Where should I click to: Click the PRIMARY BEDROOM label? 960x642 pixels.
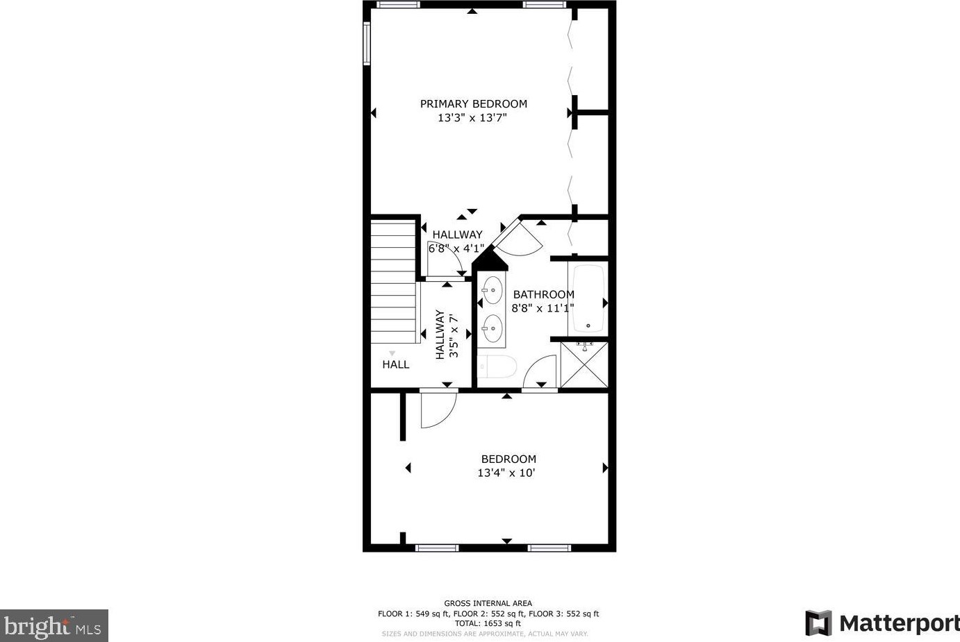(x=473, y=104)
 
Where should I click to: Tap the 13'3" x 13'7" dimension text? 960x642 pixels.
(x=472, y=118)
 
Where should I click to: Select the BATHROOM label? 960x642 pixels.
(x=543, y=294)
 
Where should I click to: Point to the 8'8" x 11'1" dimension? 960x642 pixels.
(x=543, y=308)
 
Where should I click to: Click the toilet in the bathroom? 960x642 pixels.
(x=497, y=366)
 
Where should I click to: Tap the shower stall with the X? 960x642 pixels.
(x=584, y=364)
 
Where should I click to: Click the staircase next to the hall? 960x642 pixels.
(x=393, y=281)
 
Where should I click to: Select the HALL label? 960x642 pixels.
(x=395, y=364)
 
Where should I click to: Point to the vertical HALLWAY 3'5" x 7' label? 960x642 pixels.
(x=447, y=335)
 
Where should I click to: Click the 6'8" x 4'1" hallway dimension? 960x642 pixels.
(x=456, y=248)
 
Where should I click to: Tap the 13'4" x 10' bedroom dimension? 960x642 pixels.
(x=506, y=473)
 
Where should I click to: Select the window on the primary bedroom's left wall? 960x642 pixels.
(x=366, y=43)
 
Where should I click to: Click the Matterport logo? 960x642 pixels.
(x=882, y=623)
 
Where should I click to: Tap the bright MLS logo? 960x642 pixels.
(x=53, y=626)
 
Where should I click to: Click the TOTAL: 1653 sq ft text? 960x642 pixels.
(x=488, y=623)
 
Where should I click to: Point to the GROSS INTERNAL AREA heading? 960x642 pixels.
(x=488, y=603)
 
